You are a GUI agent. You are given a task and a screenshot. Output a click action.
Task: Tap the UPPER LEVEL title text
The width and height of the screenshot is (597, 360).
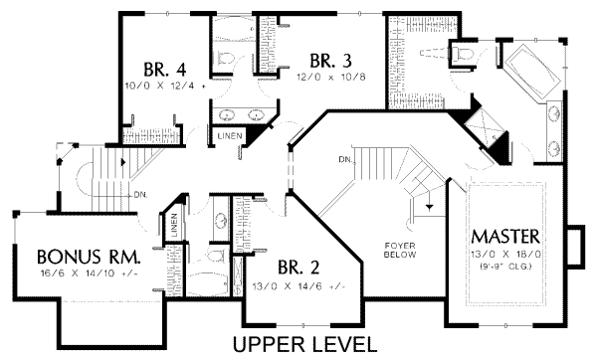pos(304,344)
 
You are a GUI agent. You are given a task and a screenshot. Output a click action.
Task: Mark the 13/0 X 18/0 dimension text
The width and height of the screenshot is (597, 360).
pos(506,255)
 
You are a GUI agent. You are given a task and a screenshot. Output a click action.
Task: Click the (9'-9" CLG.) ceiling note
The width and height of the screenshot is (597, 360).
pos(506,267)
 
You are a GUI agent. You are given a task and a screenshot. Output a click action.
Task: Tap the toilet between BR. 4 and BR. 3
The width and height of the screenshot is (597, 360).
pos(225,56)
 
